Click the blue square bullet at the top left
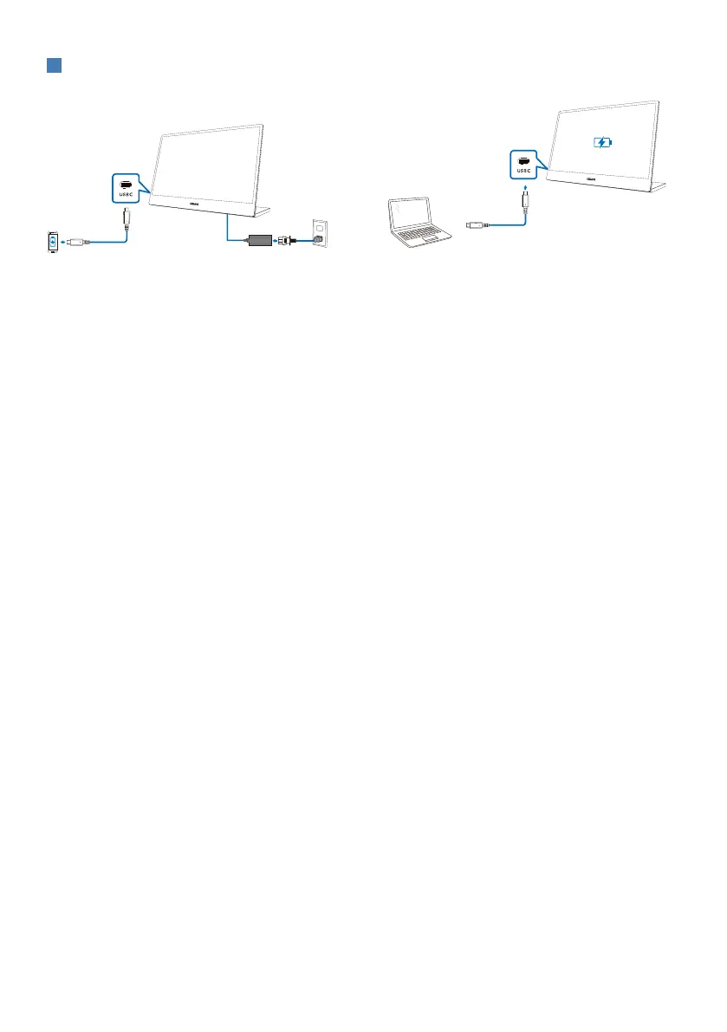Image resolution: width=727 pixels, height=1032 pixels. [x=53, y=67]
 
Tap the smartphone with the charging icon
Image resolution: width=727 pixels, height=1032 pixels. [x=53, y=242]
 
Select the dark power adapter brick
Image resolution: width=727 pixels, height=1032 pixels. [x=261, y=238]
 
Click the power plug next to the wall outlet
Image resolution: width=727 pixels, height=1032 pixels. [x=289, y=239]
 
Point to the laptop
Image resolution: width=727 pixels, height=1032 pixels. [x=418, y=220]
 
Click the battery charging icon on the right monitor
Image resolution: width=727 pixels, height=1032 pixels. [x=602, y=142]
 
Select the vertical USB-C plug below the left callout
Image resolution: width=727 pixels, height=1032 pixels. [x=127, y=216]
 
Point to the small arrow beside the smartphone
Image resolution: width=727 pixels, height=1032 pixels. [x=62, y=242]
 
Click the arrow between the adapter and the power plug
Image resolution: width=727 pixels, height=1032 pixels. [x=277, y=239]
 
